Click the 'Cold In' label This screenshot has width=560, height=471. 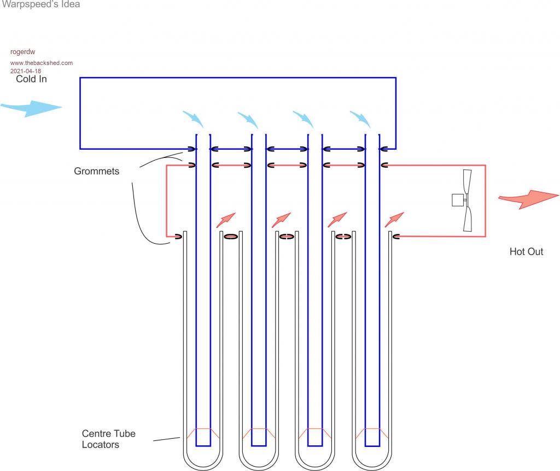coord(31,79)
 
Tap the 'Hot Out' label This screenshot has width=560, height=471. coord(526,251)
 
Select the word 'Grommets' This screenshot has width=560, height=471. coord(96,171)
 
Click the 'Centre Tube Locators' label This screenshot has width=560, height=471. coord(109,439)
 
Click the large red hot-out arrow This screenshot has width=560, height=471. coord(529,198)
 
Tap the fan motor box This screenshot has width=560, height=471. coord(458,200)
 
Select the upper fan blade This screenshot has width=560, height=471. coord(467,181)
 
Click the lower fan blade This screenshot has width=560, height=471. coord(468,219)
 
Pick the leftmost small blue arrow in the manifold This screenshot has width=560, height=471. coord(194,119)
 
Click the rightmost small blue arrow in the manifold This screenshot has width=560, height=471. coord(361,119)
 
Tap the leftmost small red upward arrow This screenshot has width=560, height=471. coord(226,220)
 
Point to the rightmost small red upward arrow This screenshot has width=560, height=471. coord(394,220)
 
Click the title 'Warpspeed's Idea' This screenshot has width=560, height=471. coord(41,4)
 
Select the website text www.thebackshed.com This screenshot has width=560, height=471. coord(42,63)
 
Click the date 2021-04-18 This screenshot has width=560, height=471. coord(26,71)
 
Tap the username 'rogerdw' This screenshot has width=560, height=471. coord(23,52)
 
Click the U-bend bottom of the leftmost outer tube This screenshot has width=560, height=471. coord(203,467)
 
